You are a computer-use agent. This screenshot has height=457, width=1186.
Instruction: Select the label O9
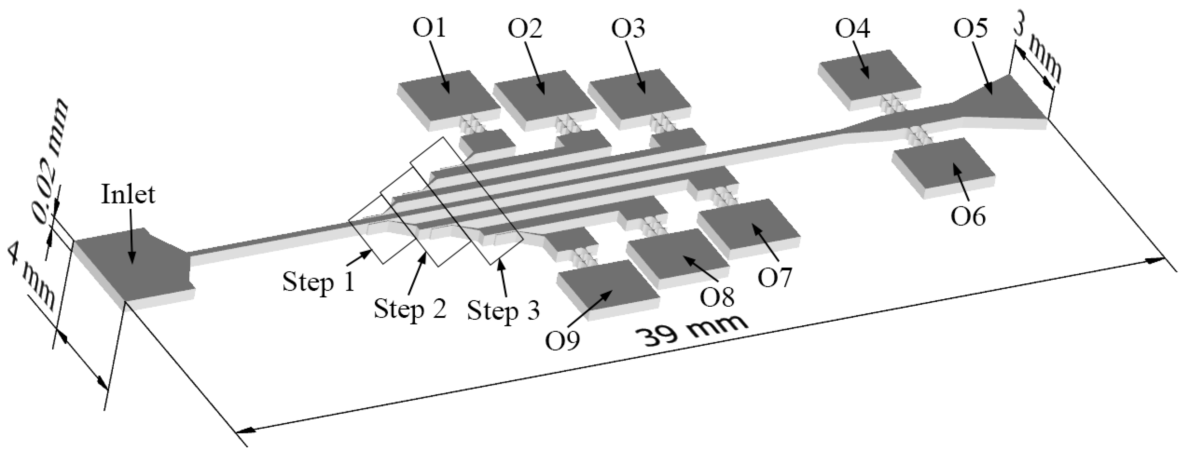(563, 341)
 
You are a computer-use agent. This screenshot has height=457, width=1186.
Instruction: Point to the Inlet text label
(128, 194)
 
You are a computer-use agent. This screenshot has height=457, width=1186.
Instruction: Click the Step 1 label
(318, 282)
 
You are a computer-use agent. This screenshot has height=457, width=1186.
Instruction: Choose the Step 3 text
(503, 310)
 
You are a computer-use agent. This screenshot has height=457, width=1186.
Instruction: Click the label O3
(628, 29)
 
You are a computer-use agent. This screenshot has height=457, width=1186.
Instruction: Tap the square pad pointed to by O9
(608, 290)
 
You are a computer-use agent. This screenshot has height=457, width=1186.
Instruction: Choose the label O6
(968, 216)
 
